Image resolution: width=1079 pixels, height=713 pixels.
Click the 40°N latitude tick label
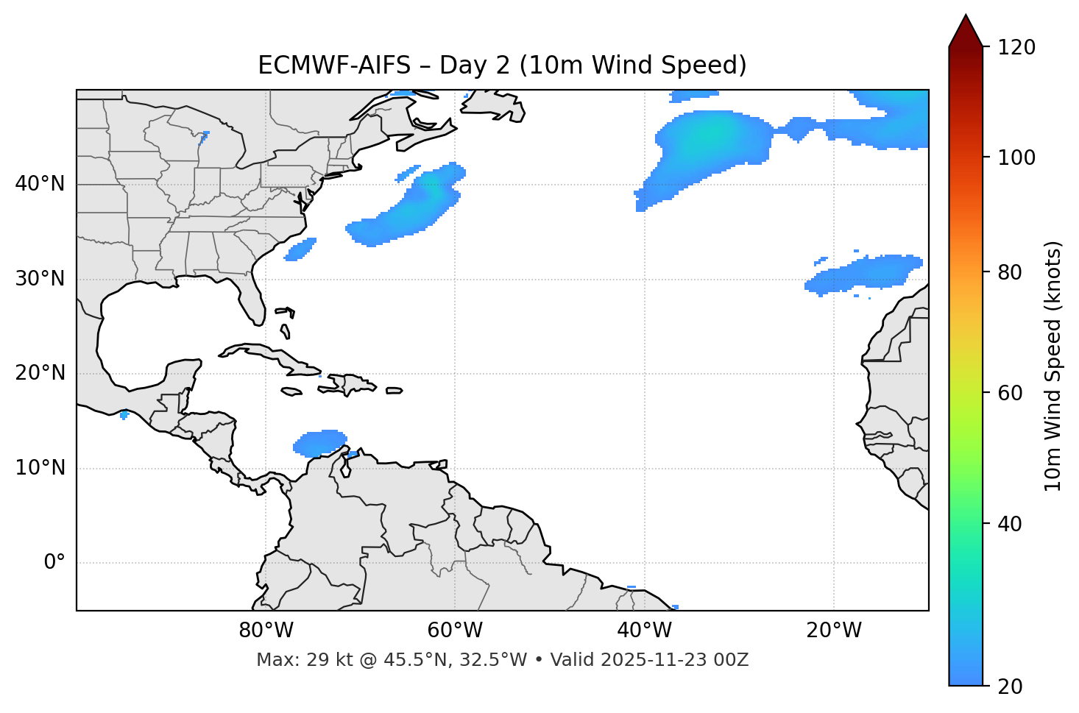[x=40, y=184]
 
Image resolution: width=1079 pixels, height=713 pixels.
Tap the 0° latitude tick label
[x=54, y=563]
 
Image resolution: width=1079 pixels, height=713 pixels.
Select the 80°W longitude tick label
[x=266, y=631]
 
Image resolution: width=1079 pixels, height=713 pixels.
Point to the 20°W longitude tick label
[x=834, y=631]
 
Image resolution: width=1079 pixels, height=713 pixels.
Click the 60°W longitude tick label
[x=455, y=631]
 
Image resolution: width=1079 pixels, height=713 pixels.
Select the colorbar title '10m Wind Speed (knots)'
[x=1053, y=366]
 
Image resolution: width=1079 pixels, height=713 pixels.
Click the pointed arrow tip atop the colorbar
[x=966, y=16]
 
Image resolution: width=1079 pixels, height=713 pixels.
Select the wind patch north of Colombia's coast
[x=319, y=443]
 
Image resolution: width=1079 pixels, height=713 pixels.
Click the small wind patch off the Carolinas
[x=300, y=249]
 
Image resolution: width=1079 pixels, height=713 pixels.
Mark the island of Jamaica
[x=291, y=391]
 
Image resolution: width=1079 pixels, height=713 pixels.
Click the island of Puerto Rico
[x=394, y=391]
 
